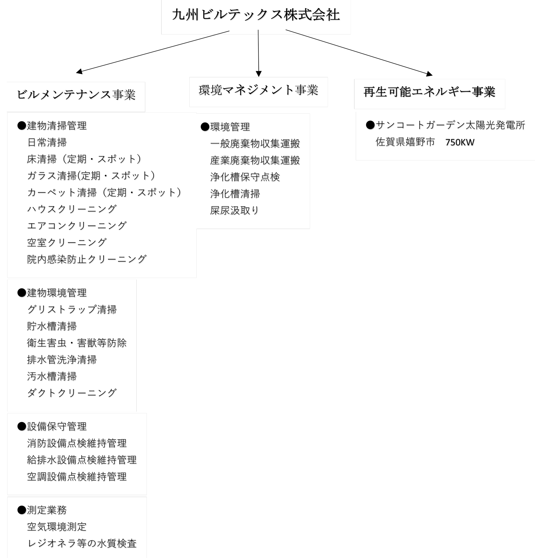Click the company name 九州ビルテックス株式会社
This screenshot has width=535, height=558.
pos(256,15)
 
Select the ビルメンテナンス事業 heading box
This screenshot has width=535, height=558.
pos(76,97)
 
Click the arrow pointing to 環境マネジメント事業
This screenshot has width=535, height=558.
pos(258,53)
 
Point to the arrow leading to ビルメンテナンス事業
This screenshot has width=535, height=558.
pos(153,52)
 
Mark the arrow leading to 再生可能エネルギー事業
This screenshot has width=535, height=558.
pos(359,53)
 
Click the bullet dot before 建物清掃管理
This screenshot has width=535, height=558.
pos(22,125)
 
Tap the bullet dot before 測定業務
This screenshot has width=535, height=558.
pos(22,510)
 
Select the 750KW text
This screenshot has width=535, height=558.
pos(460,142)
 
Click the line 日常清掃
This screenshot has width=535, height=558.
pos(47,142)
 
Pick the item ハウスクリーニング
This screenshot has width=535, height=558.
pos(72,209)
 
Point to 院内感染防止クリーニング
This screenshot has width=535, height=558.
pos(87,259)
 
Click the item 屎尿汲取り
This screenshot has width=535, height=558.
pos(234,211)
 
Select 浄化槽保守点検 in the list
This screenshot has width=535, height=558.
pos(245,177)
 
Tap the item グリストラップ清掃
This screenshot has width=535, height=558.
pos(72,309)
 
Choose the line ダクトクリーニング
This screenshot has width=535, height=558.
pos(72,393)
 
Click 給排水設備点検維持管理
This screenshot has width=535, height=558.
pos(82,460)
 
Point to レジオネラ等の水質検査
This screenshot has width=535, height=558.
pos(82,544)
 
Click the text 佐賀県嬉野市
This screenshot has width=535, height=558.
pos(405,142)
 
